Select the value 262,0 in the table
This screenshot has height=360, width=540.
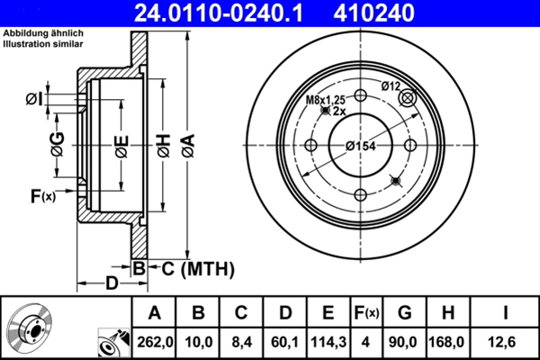[x=154, y=342]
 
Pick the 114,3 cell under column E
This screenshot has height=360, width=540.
[x=328, y=342]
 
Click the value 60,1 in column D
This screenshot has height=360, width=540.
[x=285, y=342]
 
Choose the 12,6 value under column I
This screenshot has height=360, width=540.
[x=505, y=342]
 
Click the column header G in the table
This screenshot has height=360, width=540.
[x=405, y=313]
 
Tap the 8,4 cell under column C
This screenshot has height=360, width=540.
[x=240, y=342]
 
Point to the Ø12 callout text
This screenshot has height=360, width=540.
[x=390, y=86]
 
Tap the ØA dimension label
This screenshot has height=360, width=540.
[x=188, y=146]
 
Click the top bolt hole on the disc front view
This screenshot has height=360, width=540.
[x=360, y=97]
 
